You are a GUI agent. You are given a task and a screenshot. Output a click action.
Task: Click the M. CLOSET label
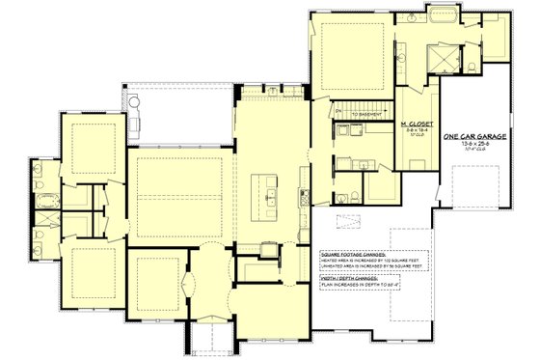click(417, 125)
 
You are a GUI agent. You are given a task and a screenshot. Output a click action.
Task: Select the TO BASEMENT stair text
click(367, 113)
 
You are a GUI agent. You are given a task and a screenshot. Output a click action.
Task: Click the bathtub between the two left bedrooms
click(46, 202)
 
